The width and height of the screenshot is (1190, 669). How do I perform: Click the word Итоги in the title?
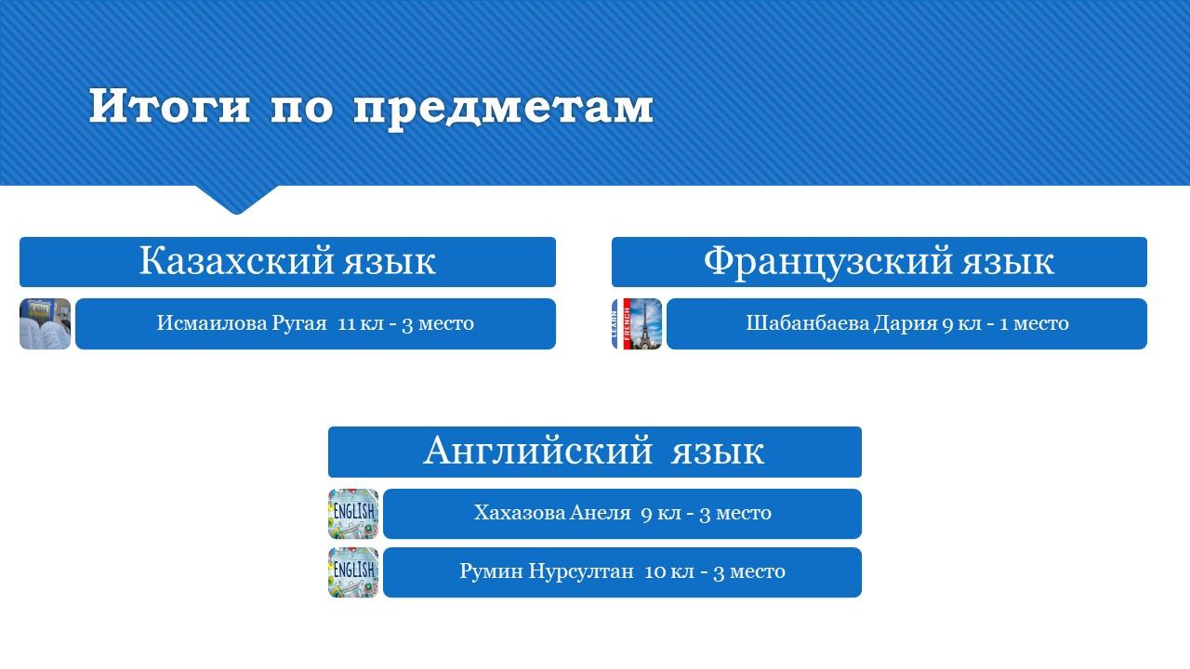[169, 106]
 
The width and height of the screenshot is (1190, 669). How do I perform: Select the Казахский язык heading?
[287, 261]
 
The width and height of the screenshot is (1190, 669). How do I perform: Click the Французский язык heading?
[879, 262]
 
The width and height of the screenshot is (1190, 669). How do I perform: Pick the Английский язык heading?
[594, 451]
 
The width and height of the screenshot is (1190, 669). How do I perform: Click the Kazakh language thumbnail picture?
[46, 324]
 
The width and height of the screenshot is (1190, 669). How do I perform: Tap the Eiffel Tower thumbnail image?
[637, 324]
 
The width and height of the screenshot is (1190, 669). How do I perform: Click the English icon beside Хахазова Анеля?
[353, 514]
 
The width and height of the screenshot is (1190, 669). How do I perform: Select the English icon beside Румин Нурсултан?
[353, 572]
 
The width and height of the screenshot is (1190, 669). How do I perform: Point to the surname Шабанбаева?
[807, 322]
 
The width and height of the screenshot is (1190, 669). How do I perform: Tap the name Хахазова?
[519, 513]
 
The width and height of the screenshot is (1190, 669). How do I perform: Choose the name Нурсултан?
[581, 571]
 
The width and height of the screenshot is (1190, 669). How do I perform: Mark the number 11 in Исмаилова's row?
[346, 323]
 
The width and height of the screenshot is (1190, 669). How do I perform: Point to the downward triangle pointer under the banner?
[237, 200]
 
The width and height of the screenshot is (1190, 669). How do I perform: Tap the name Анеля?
[601, 513]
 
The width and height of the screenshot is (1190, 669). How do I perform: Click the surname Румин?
[492, 571]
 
